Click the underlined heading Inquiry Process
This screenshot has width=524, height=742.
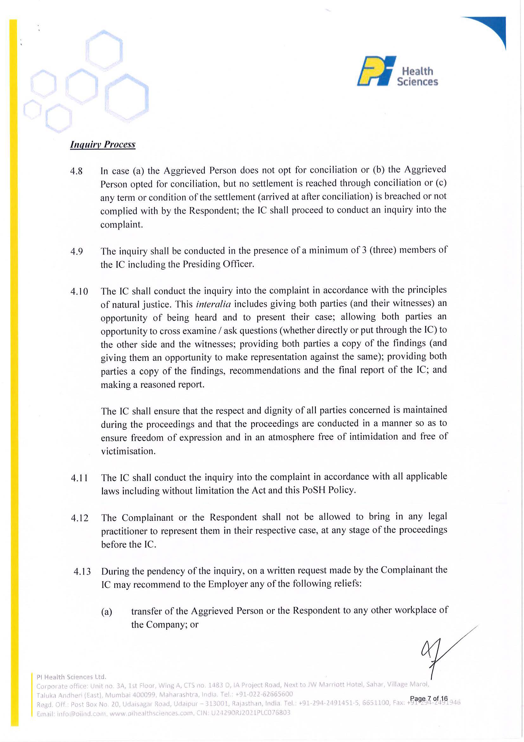(103, 145)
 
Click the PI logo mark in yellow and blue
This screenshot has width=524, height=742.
(376, 71)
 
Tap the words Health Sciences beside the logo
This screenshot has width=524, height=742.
(417, 76)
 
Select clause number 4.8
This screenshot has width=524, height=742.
(77, 171)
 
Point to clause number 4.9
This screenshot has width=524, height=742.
(77, 251)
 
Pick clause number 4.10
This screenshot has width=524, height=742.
(79, 291)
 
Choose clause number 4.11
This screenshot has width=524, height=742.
(80, 478)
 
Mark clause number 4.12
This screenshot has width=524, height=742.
(80, 518)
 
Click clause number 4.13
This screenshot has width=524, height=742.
(82, 572)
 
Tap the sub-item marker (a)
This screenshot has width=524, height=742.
(107, 612)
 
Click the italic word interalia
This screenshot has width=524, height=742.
(213, 304)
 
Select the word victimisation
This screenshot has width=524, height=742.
(128, 451)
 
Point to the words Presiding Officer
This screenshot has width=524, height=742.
(218, 264)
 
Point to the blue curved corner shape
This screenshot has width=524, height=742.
(491, 29)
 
